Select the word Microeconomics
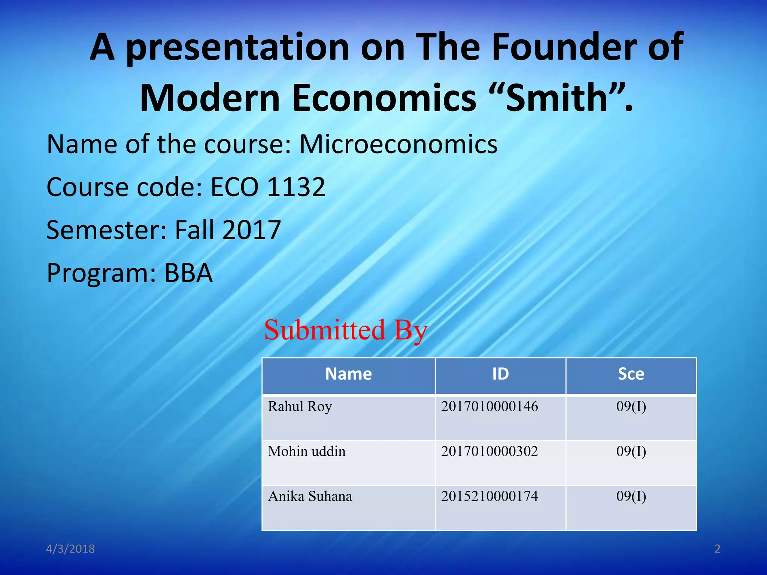[x=398, y=144]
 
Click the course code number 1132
[x=296, y=187]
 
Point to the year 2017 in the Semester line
[x=251, y=230]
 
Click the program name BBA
[x=188, y=273]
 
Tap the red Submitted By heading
[x=345, y=330]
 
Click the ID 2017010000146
[x=489, y=407]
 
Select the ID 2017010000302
[x=489, y=451]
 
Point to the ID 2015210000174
[x=489, y=496]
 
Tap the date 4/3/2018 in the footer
[x=70, y=549]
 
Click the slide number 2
[x=717, y=549]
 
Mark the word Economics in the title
[x=384, y=98]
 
